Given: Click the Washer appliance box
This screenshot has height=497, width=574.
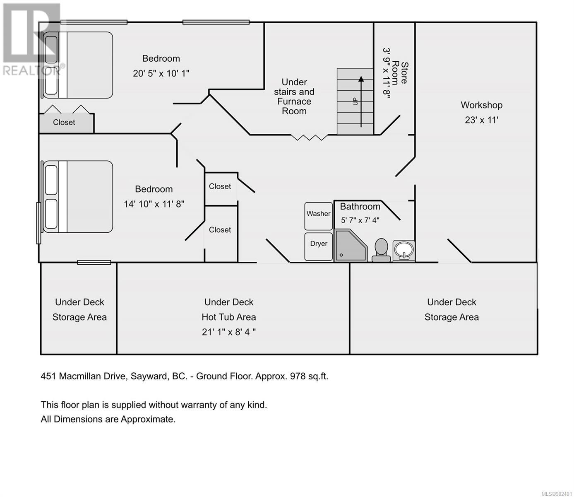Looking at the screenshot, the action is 318,216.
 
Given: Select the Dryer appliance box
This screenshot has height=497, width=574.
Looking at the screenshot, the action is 318,246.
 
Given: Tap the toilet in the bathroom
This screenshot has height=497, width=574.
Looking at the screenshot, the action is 381,250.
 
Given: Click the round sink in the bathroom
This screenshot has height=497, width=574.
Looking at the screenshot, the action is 403,251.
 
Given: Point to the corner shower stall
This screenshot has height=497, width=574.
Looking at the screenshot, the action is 351,246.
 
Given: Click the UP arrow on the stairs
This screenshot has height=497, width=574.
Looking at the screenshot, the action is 361,102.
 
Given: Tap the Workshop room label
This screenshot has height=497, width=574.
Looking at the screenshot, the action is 481,105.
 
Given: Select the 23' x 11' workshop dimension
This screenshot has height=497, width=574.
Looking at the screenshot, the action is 482,120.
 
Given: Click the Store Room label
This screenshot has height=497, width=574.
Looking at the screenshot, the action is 401,73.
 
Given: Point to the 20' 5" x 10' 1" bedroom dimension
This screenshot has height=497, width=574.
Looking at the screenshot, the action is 161,73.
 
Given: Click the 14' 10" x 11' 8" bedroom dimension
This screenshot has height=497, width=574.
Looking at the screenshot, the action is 154,204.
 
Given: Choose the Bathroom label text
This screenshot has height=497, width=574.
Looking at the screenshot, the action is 360,207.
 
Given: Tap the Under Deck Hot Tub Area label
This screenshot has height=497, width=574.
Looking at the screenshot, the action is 228,310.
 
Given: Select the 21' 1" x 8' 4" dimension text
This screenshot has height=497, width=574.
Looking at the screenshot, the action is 228,332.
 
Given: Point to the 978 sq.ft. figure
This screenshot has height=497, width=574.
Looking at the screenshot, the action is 309,376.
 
